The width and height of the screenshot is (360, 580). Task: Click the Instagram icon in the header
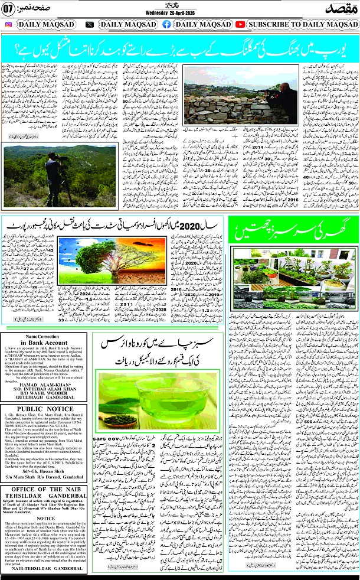(8, 25)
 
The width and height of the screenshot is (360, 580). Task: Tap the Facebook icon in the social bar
(166, 25)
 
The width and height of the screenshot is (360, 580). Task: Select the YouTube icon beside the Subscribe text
(240, 25)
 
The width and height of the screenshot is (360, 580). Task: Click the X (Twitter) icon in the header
(89, 25)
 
